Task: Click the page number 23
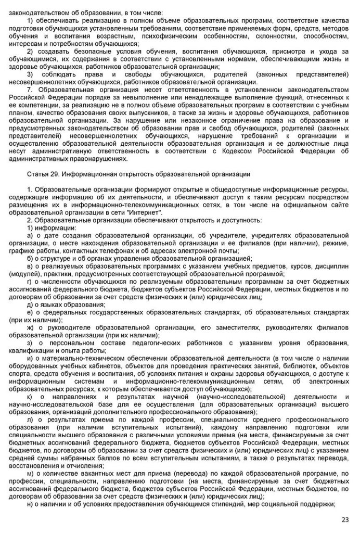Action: [345, 520]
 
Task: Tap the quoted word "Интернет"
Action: [148, 213]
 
